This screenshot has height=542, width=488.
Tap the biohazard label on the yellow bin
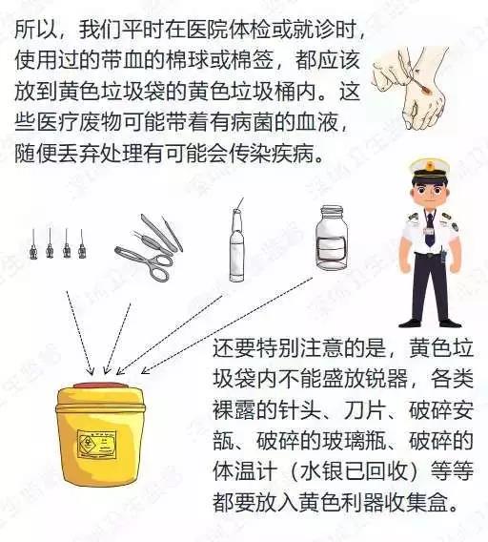(x=96, y=444)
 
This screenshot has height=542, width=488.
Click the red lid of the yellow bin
(x=100, y=385)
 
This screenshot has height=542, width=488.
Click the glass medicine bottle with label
(x=332, y=237)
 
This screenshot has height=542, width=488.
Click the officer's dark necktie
(x=429, y=230)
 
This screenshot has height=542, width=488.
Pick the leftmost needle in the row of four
(x=33, y=243)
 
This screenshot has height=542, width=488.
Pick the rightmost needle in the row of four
(x=82, y=243)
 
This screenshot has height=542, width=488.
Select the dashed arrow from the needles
(x=79, y=332)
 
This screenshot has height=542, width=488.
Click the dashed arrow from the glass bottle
(x=227, y=325)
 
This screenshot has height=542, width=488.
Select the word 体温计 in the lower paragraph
(x=245, y=470)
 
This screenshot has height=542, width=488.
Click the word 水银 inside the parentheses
(x=321, y=470)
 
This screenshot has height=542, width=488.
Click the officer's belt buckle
(x=429, y=256)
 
